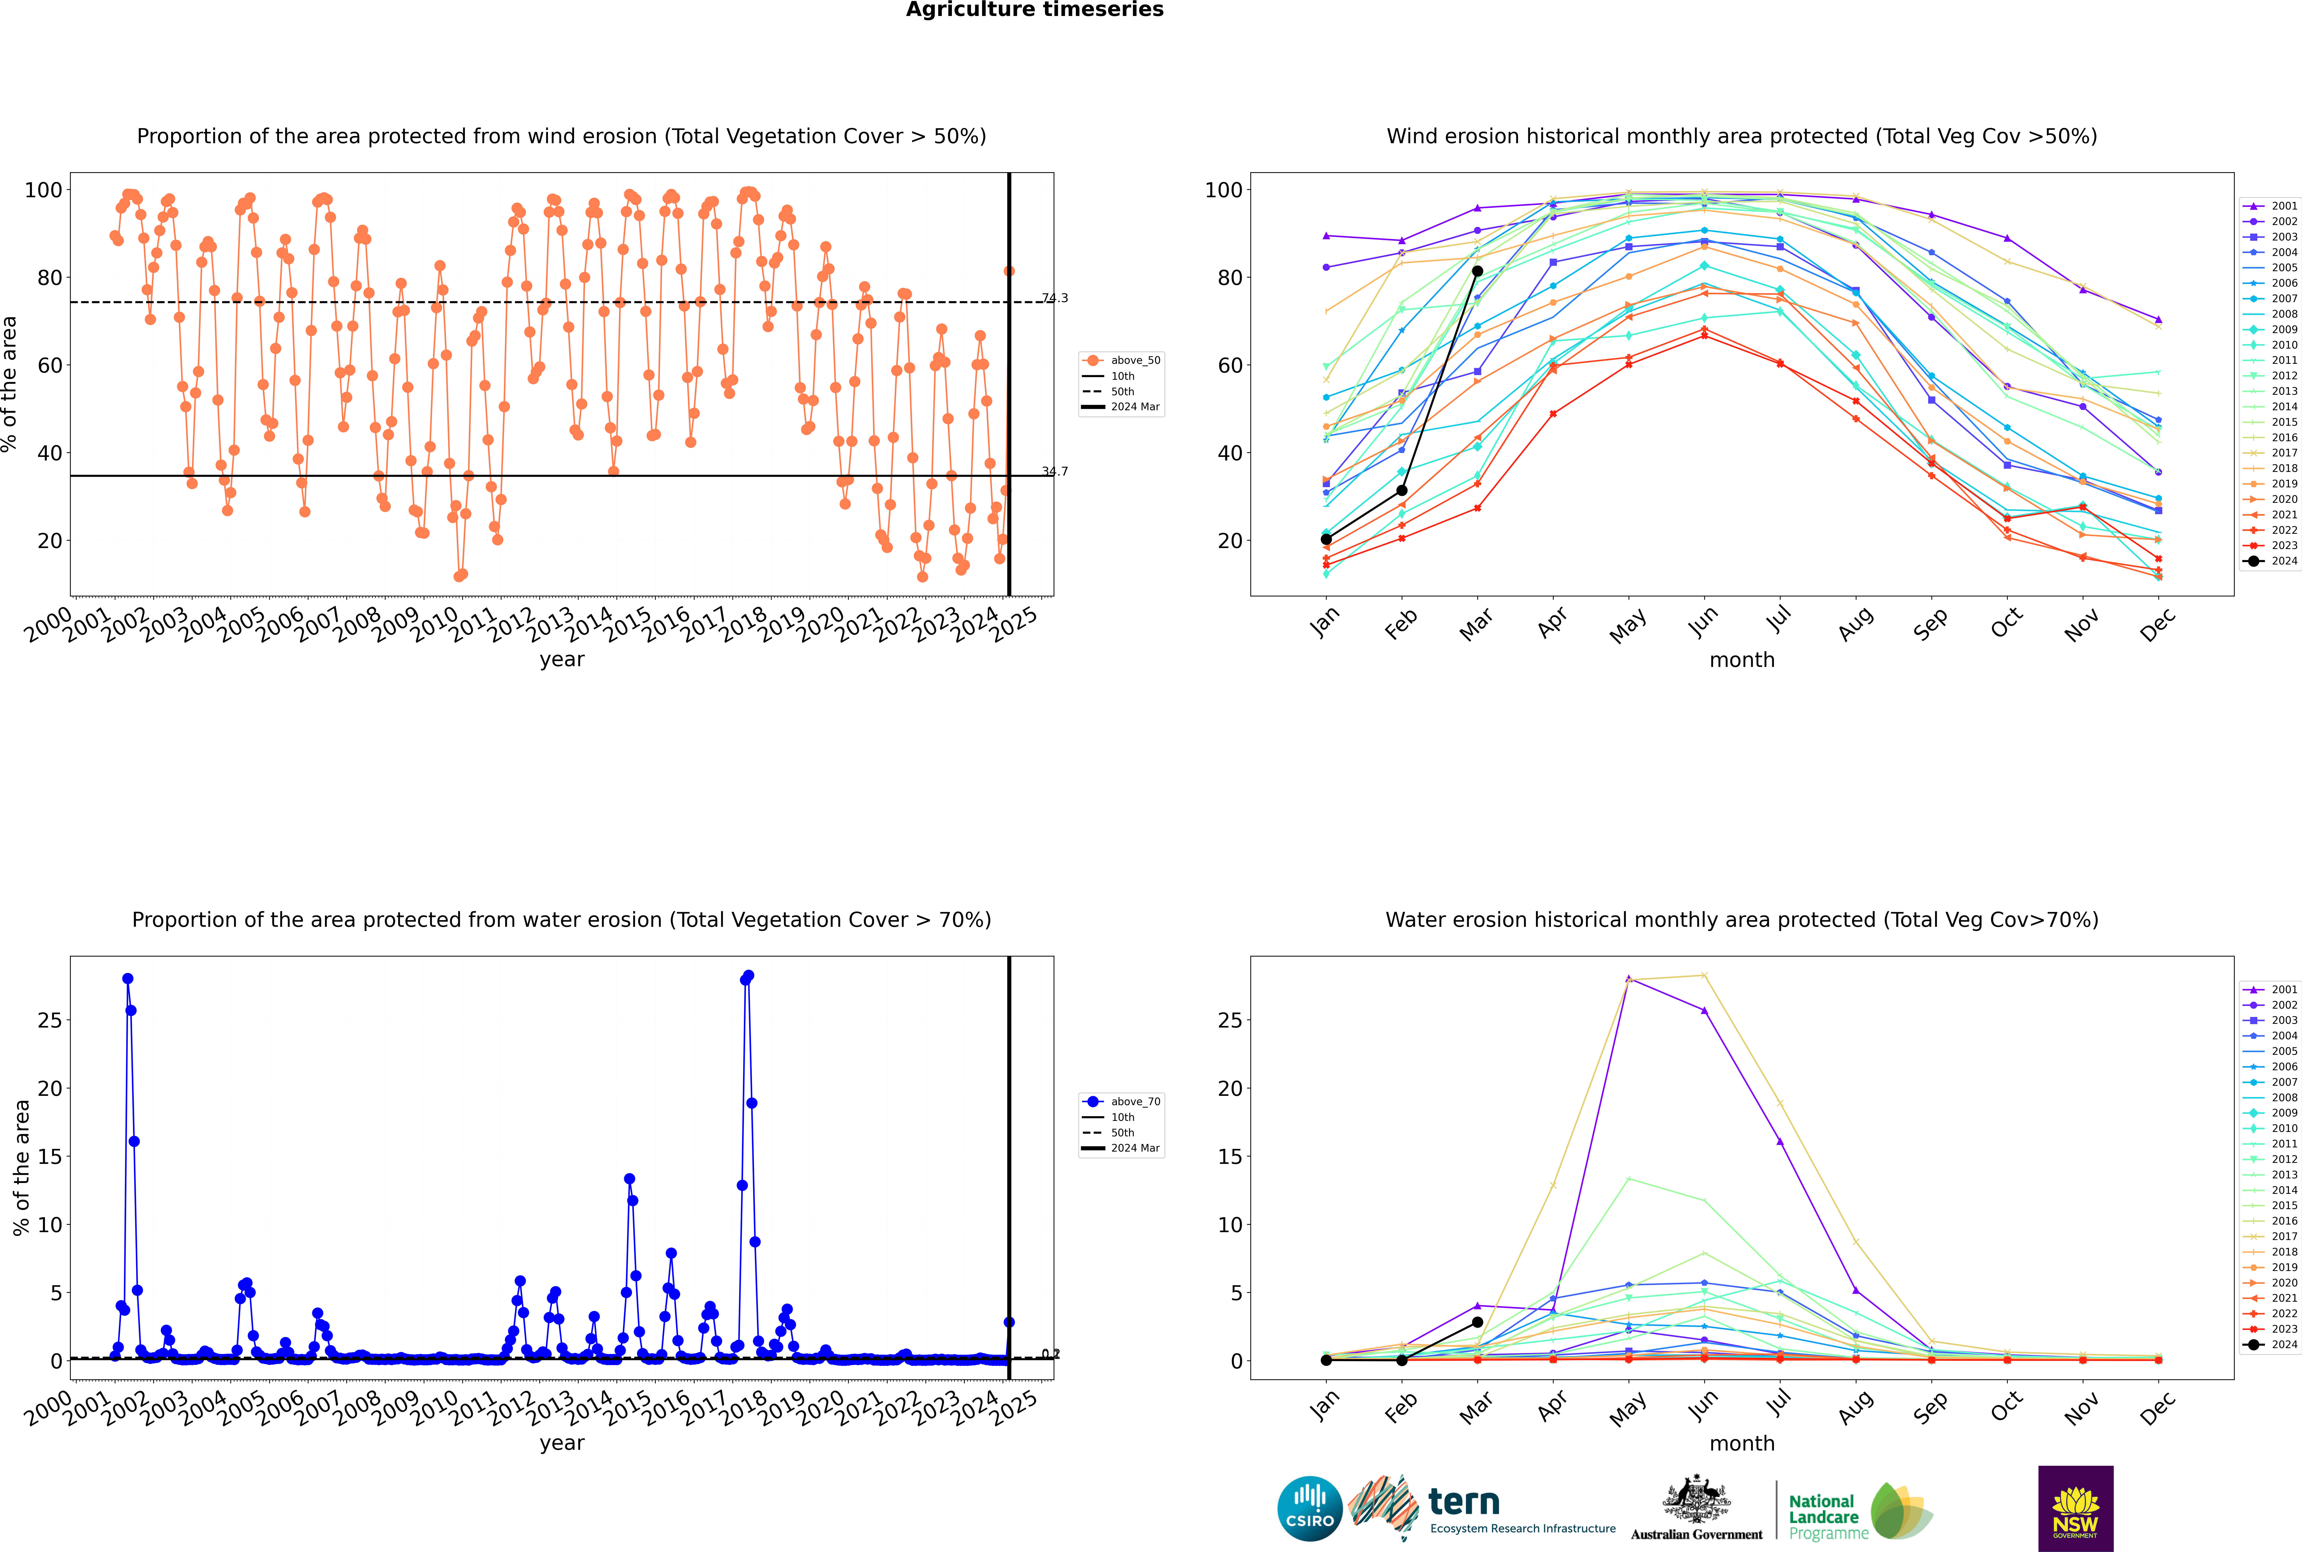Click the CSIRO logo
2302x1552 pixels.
click(x=1309, y=1509)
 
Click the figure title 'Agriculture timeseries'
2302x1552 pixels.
click(x=1034, y=10)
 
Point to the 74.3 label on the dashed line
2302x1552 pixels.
click(x=1055, y=298)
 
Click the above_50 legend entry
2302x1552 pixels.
click(x=1134, y=360)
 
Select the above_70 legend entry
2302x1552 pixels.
click(x=1134, y=1102)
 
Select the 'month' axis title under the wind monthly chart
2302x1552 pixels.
click(x=1742, y=660)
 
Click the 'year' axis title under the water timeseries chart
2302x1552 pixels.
click(x=561, y=1443)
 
